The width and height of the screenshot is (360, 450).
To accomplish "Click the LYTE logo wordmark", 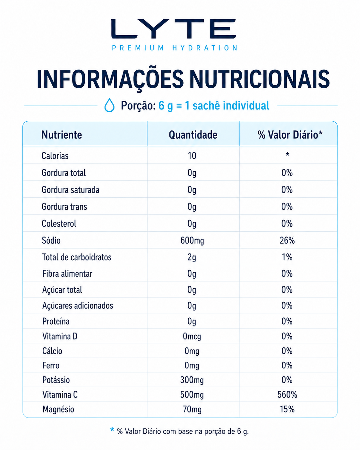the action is point(174,29).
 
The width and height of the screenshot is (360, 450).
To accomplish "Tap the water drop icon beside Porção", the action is point(109,105).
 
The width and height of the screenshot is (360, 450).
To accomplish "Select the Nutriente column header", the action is point(62,135).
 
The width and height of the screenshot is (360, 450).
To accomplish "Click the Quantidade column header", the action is point(193,135).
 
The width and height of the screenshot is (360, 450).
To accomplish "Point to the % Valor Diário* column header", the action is point(290,135).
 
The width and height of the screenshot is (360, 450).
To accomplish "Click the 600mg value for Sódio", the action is point(192,240).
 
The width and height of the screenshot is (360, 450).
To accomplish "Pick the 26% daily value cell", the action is point(287,240).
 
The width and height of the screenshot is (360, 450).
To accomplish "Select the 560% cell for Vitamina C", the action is point(287,394).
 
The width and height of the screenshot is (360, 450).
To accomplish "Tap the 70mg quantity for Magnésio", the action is point(192,410).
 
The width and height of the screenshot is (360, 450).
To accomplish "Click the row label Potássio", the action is point(56,380).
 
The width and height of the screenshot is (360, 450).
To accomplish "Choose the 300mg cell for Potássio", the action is point(192,380).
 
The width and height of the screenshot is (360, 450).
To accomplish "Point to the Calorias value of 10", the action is point(192,156).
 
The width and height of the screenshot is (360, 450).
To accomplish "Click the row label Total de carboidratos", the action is point(77,257).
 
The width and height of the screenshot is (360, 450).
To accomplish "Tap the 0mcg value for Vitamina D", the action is point(192,336).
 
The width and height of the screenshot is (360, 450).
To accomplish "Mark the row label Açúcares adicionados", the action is point(78,306).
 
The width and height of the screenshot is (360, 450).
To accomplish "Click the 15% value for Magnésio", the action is point(287,409).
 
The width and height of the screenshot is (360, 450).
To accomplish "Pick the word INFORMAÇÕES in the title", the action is point(110,80).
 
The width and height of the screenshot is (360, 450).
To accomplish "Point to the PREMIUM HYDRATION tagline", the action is point(175,48).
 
